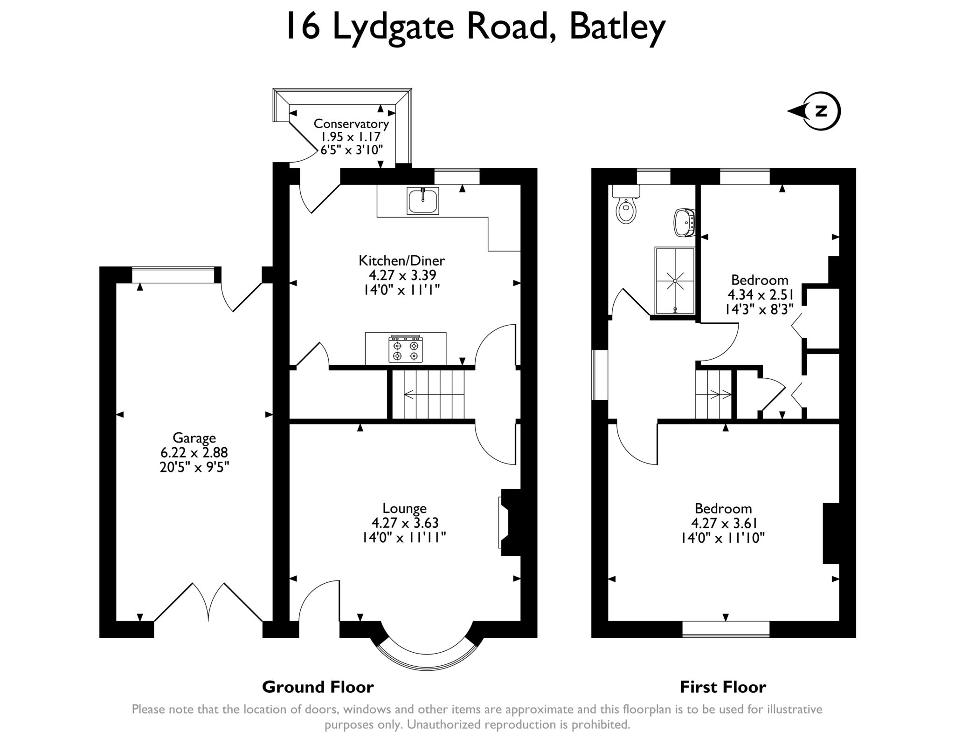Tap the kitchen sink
pyautogui.click(x=422, y=201)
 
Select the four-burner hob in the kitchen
pyautogui.click(x=405, y=349)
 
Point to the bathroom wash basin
pyautogui.click(x=685, y=223)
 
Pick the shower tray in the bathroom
pyautogui.click(x=675, y=280)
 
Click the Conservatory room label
pyautogui.click(x=351, y=124)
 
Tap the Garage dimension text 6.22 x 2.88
pyautogui.click(x=194, y=452)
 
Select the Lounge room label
pyautogui.click(x=404, y=508)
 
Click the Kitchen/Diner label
pyautogui.click(x=401, y=260)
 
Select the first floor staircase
pyautogui.click(x=713, y=395)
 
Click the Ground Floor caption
pyautogui.click(x=318, y=687)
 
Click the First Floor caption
pyautogui.click(x=723, y=687)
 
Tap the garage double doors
pyautogui.click(x=208, y=602)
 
